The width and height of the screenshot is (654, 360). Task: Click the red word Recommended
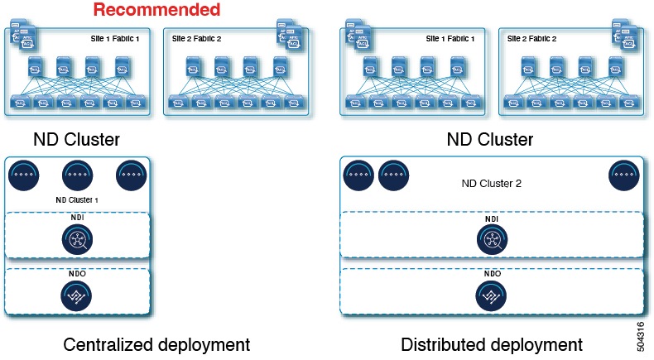pyautogui.click(x=156, y=10)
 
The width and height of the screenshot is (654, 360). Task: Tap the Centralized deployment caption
pyautogui.click(x=156, y=343)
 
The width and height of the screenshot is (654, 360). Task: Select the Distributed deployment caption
pyautogui.click(x=492, y=343)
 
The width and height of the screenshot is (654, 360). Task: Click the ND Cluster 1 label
pyautogui.click(x=77, y=199)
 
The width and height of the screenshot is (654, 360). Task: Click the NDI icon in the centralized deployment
pyautogui.click(x=77, y=240)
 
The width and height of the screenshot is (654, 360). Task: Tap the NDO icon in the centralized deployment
pyautogui.click(x=77, y=295)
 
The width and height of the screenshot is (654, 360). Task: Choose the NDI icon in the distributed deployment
pyautogui.click(x=492, y=240)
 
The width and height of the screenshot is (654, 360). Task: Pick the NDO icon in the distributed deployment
pyautogui.click(x=492, y=295)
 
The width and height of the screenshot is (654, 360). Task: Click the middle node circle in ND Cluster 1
pyautogui.click(x=77, y=175)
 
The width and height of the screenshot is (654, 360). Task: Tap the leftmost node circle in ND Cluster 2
pyautogui.click(x=359, y=175)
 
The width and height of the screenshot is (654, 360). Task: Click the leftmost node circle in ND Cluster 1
pyautogui.click(x=24, y=175)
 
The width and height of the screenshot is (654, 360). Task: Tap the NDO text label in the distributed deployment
pyautogui.click(x=492, y=273)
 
